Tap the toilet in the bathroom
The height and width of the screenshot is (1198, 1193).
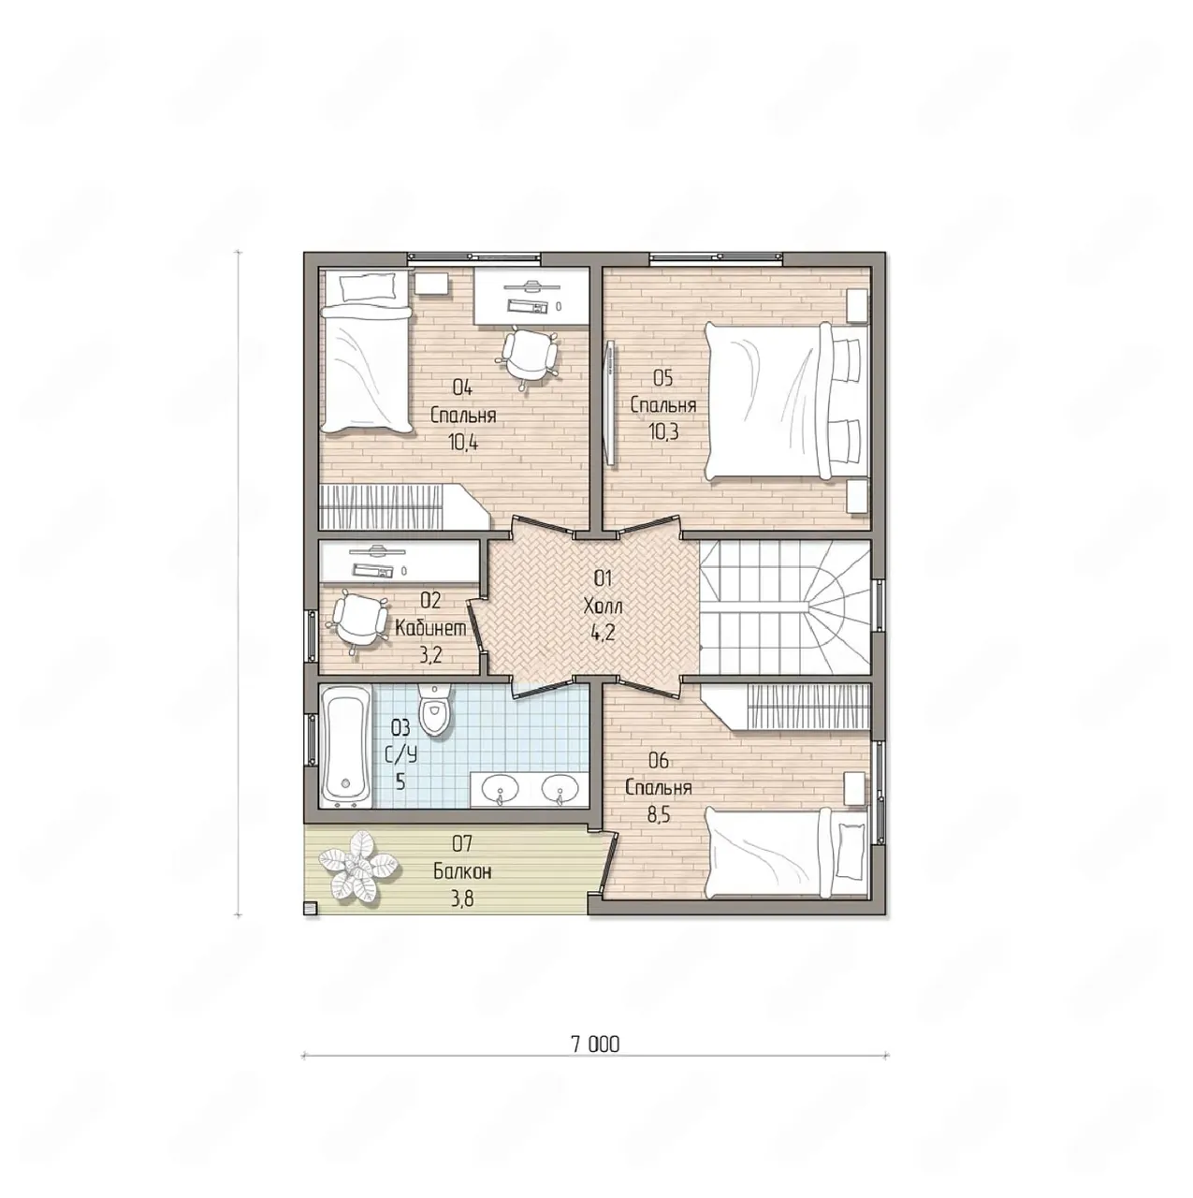tap(434, 709)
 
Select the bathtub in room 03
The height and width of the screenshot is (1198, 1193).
tap(345, 745)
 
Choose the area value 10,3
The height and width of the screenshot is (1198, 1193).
tap(663, 431)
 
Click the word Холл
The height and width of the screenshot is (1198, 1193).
tap(603, 606)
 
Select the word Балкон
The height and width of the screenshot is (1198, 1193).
tap(462, 871)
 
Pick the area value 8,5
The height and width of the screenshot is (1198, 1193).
tap(659, 814)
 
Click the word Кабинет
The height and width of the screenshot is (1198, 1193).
tap(430, 628)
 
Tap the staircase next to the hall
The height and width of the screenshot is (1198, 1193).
tap(784, 606)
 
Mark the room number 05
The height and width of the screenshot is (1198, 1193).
tap(662, 377)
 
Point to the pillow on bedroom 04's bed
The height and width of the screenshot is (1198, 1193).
tap(367, 288)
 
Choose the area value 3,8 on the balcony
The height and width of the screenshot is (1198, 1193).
tap(462, 898)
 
